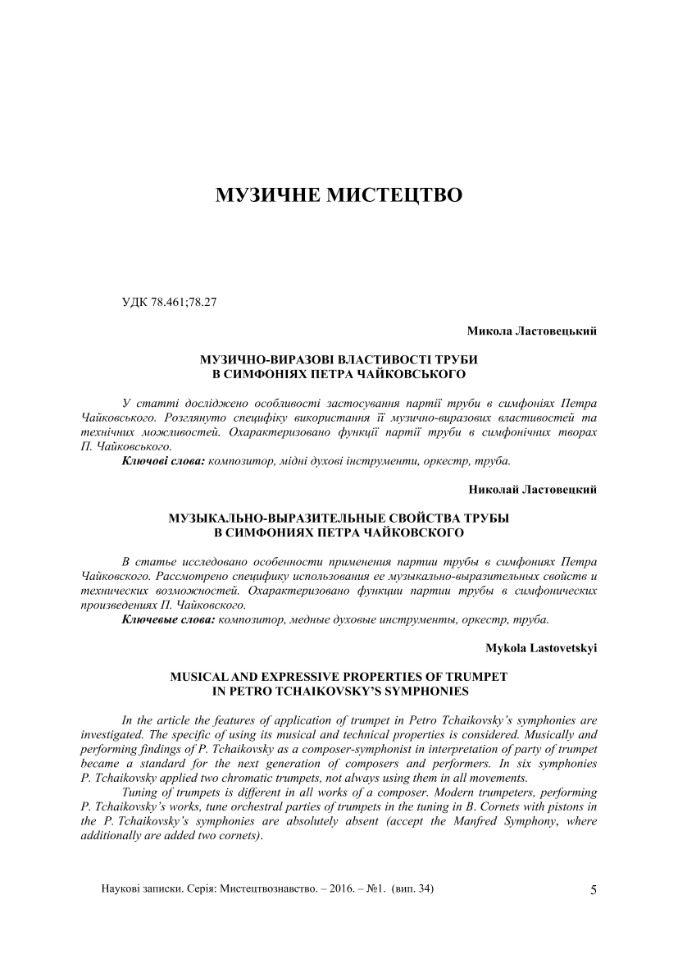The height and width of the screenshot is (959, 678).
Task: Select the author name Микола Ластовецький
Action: pos(531,331)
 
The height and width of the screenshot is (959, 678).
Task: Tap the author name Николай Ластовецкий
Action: pos(532,490)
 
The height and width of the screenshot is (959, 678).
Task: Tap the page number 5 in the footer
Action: pos(594,890)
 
